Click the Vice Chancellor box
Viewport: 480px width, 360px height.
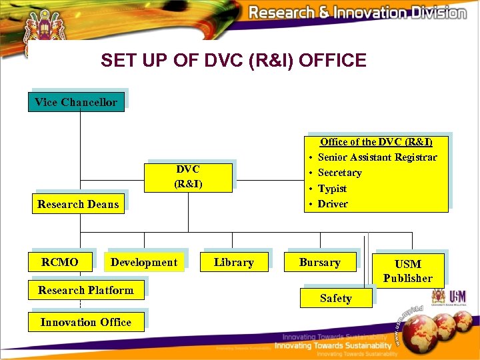coord(76,102)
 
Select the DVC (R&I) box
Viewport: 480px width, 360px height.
coord(188,176)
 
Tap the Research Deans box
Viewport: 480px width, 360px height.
coord(78,204)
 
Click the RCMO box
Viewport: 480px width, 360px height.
coord(59,262)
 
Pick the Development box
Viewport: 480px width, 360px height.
coord(144,262)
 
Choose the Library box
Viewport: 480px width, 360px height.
coord(233,262)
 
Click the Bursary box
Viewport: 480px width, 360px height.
coord(319,262)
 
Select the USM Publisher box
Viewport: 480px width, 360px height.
coord(407,271)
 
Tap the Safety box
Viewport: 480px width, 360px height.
coord(335,298)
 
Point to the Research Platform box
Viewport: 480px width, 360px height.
coord(85,290)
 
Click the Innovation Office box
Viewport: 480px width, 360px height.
coord(85,322)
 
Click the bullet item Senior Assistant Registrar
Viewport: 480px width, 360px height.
coord(377,157)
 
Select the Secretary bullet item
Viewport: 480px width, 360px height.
coord(339,173)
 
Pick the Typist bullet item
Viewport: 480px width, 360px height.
coord(332,189)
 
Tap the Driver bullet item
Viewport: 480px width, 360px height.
coord(333,204)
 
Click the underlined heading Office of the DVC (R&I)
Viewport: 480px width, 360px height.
coord(376,142)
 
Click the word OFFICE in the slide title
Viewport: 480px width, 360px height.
coord(333,61)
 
